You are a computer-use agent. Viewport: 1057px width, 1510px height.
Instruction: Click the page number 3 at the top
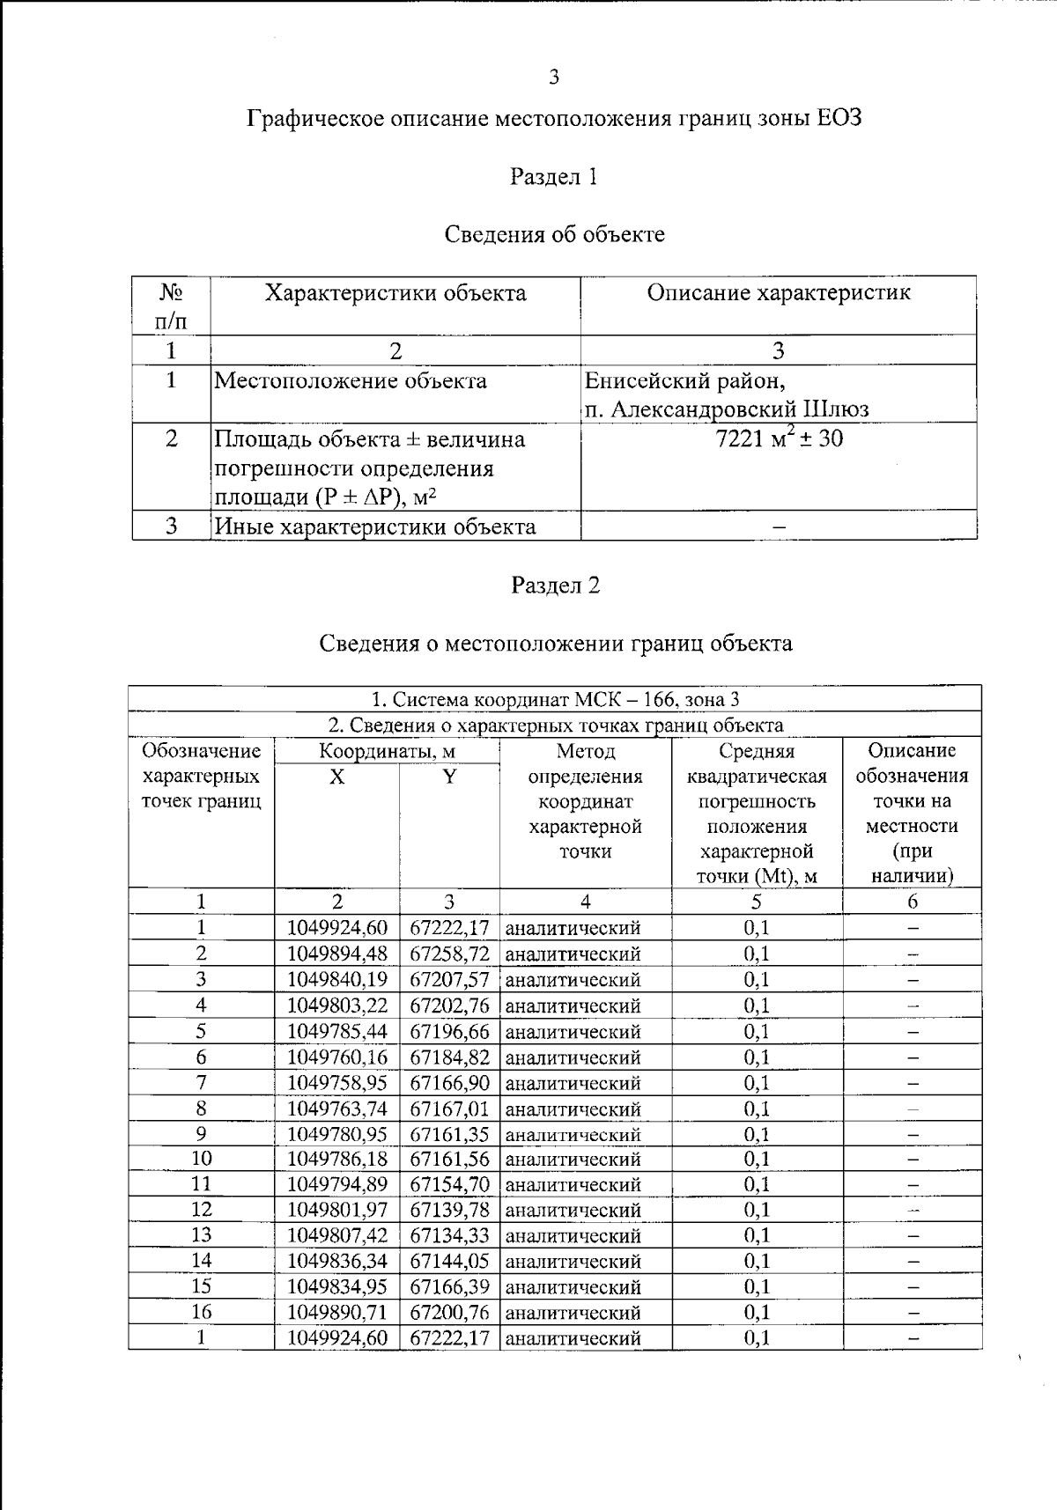[x=553, y=77]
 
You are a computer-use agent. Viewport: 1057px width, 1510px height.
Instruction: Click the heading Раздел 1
[x=554, y=177]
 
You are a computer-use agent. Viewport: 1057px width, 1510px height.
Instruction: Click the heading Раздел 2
[x=555, y=586]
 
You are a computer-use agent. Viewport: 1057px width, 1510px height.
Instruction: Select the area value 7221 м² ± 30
[x=779, y=438]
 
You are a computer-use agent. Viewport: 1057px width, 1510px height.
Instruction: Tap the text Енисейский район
[x=684, y=380]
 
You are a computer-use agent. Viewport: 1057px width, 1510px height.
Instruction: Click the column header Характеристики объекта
[x=395, y=293]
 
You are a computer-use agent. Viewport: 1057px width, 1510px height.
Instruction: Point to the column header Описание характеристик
[x=779, y=293]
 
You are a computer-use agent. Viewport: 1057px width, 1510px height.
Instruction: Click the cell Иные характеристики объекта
[x=375, y=527]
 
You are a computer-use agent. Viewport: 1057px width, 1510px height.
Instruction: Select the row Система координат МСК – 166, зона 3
[x=555, y=699]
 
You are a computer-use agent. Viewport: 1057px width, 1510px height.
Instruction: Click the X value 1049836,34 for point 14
[x=337, y=1261]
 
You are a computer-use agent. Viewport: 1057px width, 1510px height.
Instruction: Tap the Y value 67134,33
[x=449, y=1235]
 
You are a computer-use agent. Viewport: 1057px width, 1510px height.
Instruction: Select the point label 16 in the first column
[x=201, y=1312]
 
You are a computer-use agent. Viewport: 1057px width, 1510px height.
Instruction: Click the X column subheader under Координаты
[x=336, y=777]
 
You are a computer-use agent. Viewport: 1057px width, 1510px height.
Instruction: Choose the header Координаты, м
[x=387, y=751]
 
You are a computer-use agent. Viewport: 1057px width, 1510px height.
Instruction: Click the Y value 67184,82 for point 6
[x=449, y=1057]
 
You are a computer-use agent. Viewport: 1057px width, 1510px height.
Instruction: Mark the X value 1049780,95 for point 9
[x=337, y=1134]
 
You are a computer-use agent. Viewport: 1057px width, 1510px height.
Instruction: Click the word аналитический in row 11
[x=573, y=1185]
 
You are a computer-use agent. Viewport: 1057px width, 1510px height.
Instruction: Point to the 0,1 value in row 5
[x=756, y=1031]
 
